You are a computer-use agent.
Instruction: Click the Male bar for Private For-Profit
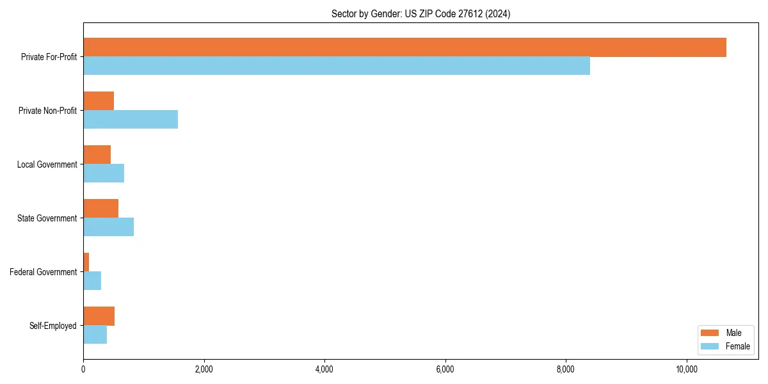pyautogui.click(x=404, y=47)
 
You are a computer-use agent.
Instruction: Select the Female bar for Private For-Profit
pyautogui.click(x=337, y=66)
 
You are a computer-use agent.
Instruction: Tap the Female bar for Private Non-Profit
pyautogui.click(x=131, y=120)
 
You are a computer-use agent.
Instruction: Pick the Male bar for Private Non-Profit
pyautogui.click(x=99, y=101)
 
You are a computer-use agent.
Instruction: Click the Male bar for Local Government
pyautogui.click(x=97, y=155)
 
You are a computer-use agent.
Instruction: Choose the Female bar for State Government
pyautogui.click(x=108, y=227)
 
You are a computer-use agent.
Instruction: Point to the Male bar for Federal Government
pyautogui.click(x=86, y=262)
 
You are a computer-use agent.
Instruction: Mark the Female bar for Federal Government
pyautogui.click(x=92, y=281)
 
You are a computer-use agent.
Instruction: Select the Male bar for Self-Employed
pyautogui.click(x=99, y=316)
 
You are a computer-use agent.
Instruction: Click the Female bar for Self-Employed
pyautogui.click(x=95, y=335)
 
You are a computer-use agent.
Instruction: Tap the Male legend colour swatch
pyautogui.click(x=710, y=333)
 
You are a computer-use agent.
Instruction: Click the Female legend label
pyautogui.click(x=737, y=346)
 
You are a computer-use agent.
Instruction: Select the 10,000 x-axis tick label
pyautogui.click(x=687, y=369)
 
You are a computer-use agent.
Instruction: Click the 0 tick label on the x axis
pyautogui.click(x=83, y=369)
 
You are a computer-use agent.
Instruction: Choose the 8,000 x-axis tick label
pyautogui.click(x=566, y=369)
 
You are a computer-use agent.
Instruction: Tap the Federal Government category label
pyautogui.click(x=44, y=272)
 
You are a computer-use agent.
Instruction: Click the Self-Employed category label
pyautogui.click(x=53, y=326)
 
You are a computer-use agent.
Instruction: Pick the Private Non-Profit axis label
pyautogui.click(x=47, y=111)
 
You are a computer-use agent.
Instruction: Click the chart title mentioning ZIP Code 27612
pyautogui.click(x=420, y=13)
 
